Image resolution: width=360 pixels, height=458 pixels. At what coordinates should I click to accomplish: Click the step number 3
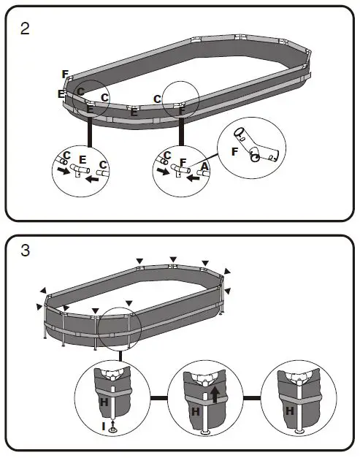pos(26,251)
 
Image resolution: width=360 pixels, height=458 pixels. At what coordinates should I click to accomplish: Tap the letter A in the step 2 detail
pos(205,167)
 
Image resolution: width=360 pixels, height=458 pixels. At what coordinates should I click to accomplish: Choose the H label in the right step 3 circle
pos(291,411)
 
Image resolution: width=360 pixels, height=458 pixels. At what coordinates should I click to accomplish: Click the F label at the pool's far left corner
pos(65,75)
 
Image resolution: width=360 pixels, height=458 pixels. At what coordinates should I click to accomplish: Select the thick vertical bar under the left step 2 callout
pos(90,131)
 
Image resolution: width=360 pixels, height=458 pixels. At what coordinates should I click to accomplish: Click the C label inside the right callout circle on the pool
pos(158,99)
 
